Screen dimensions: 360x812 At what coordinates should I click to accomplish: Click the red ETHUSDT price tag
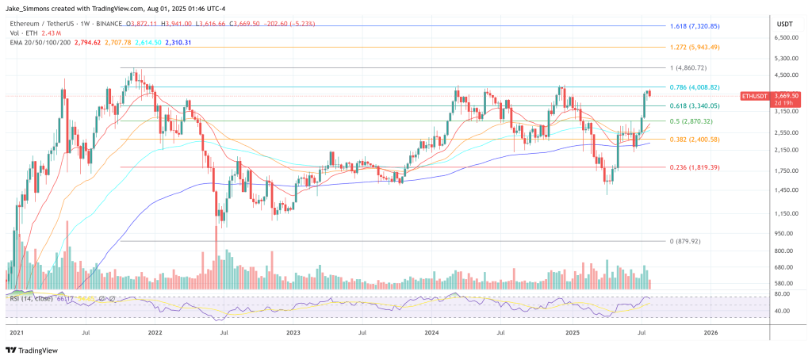753,95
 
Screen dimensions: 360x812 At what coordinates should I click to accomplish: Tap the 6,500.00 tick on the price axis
785,38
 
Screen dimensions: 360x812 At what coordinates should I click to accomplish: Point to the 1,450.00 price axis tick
785,190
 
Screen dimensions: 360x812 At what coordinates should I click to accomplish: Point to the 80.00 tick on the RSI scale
783,294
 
